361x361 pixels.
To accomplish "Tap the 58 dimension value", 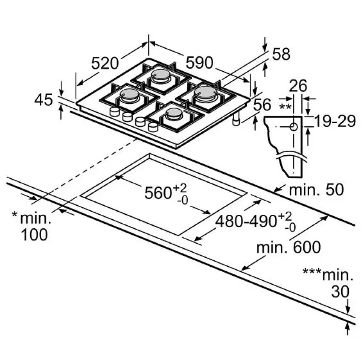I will coord(281,55).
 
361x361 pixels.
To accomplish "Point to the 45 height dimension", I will coord(44,100).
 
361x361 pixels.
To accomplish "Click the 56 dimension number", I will coord(262,105).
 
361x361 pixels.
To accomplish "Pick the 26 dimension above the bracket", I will coord(298,85).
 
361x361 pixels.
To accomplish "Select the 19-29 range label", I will coord(334,121).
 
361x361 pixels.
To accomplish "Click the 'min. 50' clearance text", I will coord(316,189).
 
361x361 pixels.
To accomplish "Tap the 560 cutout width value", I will coord(158,193).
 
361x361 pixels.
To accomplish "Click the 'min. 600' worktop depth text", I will coord(288,247).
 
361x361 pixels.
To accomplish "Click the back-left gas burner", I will coord(162,75).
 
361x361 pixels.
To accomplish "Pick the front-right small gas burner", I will coord(174,113).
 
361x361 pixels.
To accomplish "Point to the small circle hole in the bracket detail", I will coord(293,127).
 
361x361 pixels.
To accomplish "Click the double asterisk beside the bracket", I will coord(285,106).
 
